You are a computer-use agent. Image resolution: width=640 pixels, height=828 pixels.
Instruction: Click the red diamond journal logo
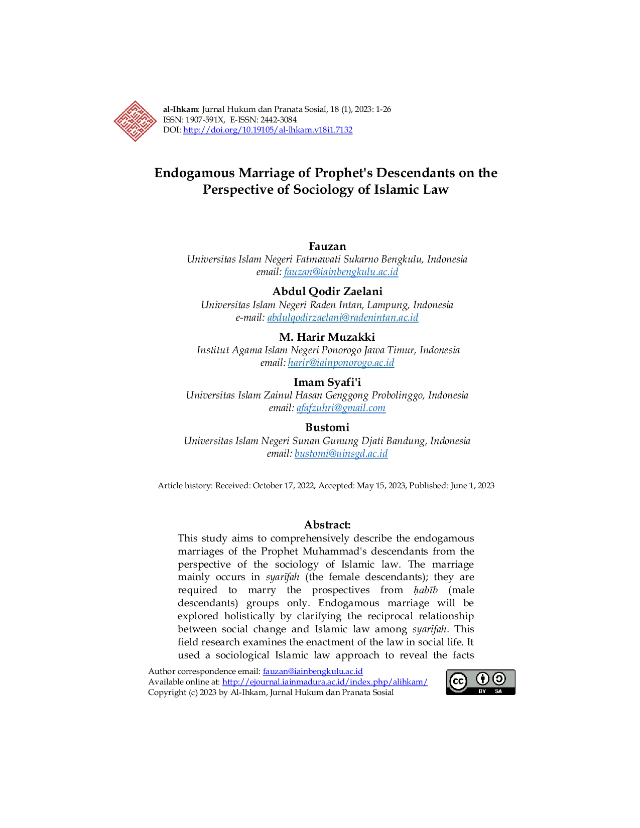pos(135,121)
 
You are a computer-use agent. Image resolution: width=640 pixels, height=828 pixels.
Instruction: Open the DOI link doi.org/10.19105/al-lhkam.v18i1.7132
pos(268,130)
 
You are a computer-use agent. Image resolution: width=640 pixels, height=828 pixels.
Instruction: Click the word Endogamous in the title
pos(194,173)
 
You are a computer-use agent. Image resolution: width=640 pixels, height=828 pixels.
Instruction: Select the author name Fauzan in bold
pos(327,246)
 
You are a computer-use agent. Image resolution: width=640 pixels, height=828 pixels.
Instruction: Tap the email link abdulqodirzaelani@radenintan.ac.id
pos(343,318)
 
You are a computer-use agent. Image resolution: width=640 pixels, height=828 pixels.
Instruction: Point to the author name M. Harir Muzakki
pos(327,337)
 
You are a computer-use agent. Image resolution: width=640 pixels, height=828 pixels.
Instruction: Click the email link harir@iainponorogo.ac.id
pos(341,362)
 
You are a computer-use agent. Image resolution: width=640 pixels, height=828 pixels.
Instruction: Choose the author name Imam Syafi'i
pos(327,382)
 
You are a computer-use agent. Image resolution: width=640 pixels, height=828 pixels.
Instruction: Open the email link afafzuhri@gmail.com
pos(341,407)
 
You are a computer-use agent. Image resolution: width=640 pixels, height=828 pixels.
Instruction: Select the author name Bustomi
pos(327,428)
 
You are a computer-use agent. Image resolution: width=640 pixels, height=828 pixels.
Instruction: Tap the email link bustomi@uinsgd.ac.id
pos(341,454)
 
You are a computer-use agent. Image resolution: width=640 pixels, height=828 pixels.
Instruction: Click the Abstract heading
pos(327,525)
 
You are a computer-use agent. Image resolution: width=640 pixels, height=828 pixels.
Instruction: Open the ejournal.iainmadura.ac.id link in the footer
pos(325,681)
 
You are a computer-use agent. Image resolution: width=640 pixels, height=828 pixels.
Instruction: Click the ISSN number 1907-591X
pos(204,119)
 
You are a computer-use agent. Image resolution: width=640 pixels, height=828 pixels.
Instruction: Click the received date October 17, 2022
pos(284,486)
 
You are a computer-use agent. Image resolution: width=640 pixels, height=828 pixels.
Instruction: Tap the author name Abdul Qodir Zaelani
pos(327,292)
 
